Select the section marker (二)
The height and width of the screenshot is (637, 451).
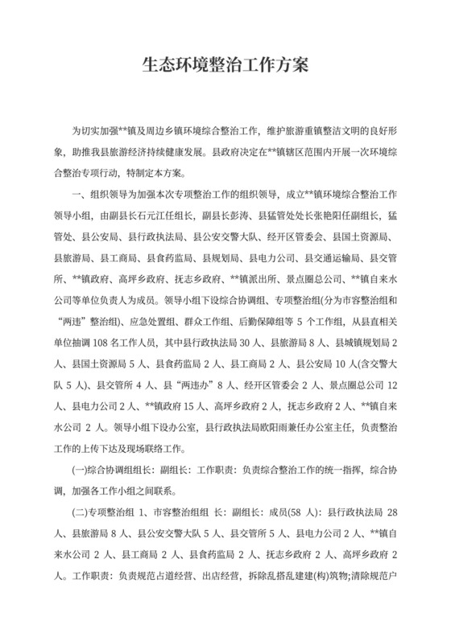click(80, 512)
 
